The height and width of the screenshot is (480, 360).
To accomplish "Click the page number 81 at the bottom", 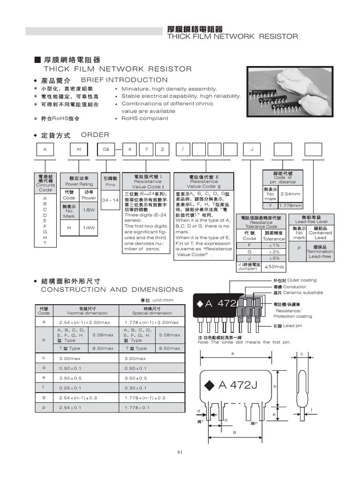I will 180,452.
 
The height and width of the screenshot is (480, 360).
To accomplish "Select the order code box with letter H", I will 79,150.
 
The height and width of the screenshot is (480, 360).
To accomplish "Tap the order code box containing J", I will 252,150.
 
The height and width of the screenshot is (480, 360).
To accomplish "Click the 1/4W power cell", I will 89,227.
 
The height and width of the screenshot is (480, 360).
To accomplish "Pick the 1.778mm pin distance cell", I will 291,206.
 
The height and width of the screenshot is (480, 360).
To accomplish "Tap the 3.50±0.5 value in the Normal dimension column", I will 70,378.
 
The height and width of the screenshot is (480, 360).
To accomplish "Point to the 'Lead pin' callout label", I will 292,325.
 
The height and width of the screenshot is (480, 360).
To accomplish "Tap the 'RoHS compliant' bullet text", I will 144,119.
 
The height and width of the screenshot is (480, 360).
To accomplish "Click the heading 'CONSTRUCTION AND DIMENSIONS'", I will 112,290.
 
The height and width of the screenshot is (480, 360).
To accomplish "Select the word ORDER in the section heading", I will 95,135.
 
